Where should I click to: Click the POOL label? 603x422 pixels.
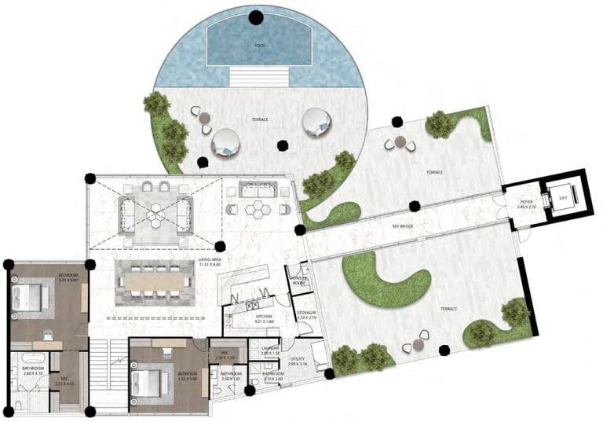click(260, 46)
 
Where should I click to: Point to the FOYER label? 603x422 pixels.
click(527, 203)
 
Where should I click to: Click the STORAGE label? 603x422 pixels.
click(306, 314)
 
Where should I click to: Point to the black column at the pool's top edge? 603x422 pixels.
click(256, 17)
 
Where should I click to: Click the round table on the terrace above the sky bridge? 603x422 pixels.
click(400, 141)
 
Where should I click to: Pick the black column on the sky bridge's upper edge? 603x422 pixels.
click(415, 206)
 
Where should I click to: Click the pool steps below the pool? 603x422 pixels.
click(260, 77)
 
